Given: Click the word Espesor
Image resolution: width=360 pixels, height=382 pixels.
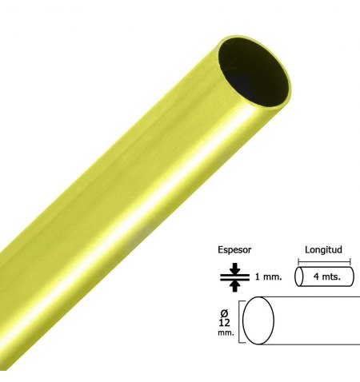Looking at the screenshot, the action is pyautogui.click(x=234, y=250).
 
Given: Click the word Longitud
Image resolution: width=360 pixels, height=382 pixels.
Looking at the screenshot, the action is pyautogui.click(x=323, y=249).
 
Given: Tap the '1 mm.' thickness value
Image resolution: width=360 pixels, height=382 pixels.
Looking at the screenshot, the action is pyautogui.click(x=268, y=277).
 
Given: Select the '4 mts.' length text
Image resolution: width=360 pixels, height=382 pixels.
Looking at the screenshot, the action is pyautogui.click(x=327, y=277).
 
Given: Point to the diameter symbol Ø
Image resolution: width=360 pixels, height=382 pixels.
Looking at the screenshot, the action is pyautogui.click(x=224, y=312).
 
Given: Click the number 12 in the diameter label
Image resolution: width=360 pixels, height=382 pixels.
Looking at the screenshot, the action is pyautogui.click(x=224, y=323).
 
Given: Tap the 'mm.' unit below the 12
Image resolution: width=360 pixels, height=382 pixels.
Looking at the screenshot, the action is pyautogui.click(x=226, y=332).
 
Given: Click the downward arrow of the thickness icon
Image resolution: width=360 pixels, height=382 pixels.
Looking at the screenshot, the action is pyautogui.click(x=234, y=268).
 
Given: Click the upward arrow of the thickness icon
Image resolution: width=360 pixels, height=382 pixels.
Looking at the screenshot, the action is pyautogui.click(x=234, y=286).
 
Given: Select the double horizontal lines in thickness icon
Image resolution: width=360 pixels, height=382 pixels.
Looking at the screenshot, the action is pyautogui.click(x=234, y=277).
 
